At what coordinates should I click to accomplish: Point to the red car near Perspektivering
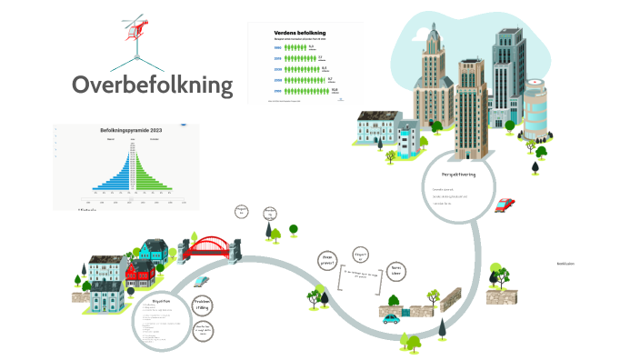point(505,205)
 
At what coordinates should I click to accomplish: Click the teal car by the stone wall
point(391,318)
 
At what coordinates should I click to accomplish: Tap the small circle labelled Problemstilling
point(205,305)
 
